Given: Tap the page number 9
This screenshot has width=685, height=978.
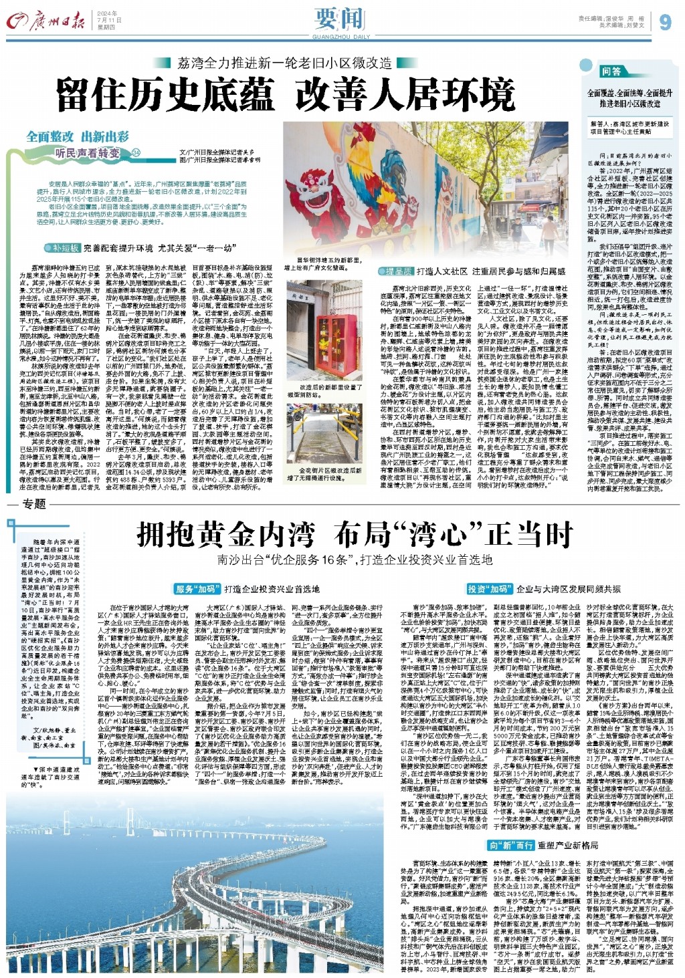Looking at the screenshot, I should click(664, 23).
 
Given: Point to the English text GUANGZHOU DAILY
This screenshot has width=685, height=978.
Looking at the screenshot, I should click(341, 37).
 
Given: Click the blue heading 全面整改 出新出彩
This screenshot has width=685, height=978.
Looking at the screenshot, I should click(78, 136).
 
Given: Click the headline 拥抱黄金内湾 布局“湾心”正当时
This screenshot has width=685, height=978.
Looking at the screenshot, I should click(355, 535).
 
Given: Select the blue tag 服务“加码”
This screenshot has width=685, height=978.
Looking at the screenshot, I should click(196, 589).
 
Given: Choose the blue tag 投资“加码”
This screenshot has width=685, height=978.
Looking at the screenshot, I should click(488, 589).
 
